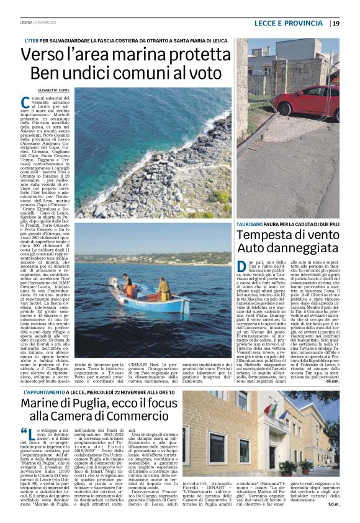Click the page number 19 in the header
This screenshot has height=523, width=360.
(x=336, y=24)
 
